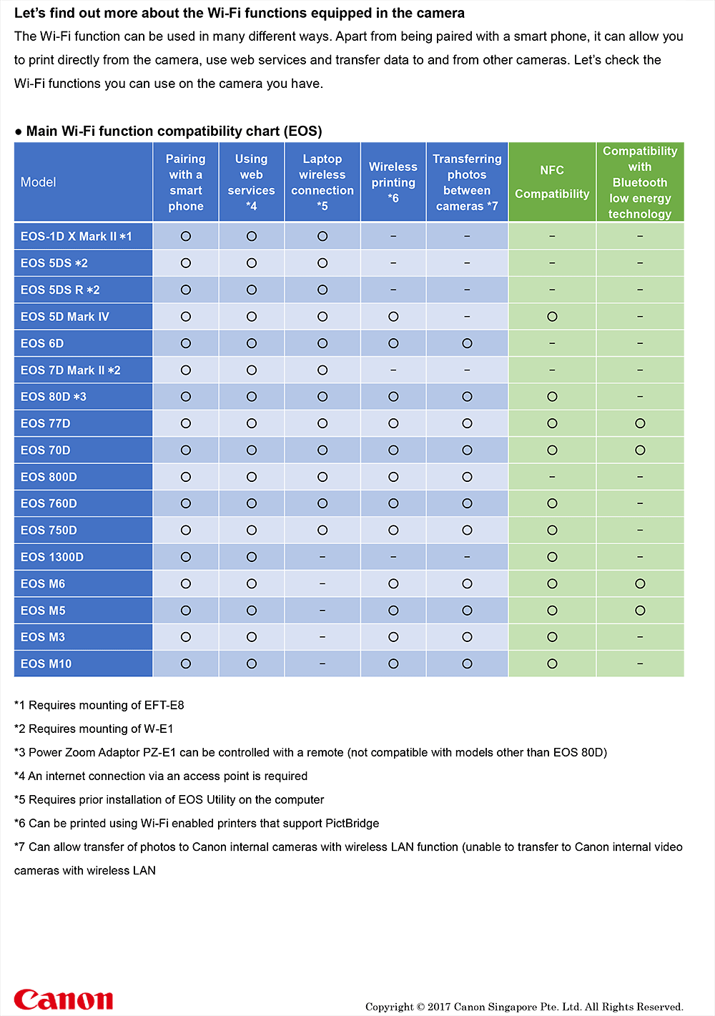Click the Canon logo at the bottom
click(63, 999)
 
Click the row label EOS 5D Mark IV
click(64, 317)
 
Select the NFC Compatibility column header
click(552, 182)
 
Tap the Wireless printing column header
click(393, 182)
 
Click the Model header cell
click(39, 182)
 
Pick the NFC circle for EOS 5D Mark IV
click(552, 317)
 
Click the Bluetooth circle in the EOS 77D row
click(640, 423)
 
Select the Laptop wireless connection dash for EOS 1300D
click(322, 557)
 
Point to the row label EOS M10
click(46, 664)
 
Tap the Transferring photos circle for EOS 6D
click(467, 343)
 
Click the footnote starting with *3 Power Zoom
click(310, 752)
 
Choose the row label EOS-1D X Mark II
click(76, 237)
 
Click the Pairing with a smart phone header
click(186, 182)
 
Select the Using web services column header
click(251, 182)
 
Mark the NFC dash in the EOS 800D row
click(552, 477)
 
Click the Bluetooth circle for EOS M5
click(640, 611)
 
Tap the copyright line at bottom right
click(524, 1007)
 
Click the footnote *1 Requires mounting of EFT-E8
click(99, 705)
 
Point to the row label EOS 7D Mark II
click(70, 370)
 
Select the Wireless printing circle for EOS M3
click(393, 637)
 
